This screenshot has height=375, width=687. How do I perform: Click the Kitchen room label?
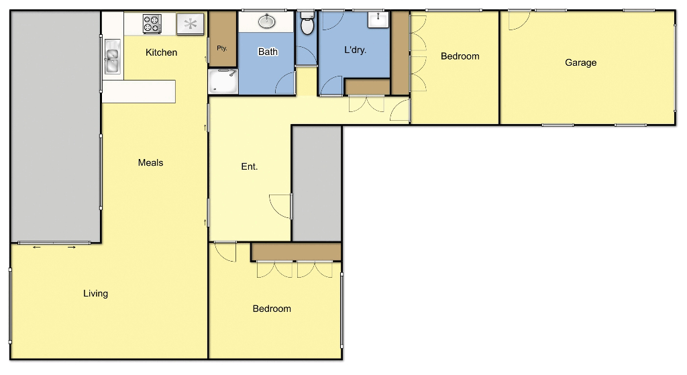tap(162, 52)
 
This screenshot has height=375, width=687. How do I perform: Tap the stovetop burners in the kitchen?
tap(152, 25)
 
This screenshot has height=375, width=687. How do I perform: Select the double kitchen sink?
tap(111, 56)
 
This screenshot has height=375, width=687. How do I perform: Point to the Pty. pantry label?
tap(221, 48)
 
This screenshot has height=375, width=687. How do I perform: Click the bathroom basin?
tap(267, 21)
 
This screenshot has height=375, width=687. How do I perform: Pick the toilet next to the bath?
tap(307, 25)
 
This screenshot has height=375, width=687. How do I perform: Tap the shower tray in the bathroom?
tap(222, 82)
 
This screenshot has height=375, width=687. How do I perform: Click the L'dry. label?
tap(355, 50)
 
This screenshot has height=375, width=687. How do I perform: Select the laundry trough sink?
tap(378, 19)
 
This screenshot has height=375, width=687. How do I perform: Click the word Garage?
tap(580, 62)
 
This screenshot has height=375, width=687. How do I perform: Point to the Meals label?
tap(150, 162)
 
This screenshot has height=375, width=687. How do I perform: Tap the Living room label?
tap(95, 293)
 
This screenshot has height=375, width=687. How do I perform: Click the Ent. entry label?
tap(249, 166)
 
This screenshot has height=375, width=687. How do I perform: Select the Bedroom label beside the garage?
tap(460, 56)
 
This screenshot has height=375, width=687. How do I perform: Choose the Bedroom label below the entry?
tap(272, 309)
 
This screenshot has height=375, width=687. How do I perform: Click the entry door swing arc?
tap(280, 206)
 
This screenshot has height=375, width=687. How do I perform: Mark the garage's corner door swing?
tap(518, 20)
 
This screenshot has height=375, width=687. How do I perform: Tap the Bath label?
tap(268, 52)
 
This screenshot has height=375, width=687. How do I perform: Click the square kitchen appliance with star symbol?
tap(191, 25)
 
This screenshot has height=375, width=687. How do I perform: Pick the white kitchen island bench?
tap(139, 91)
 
